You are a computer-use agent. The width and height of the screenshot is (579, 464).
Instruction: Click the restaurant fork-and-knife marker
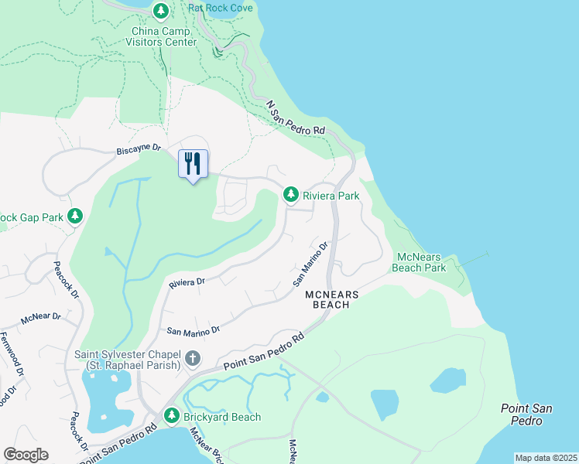tap(193, 164)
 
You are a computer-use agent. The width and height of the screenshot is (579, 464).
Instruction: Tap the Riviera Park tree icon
tap(291, 195)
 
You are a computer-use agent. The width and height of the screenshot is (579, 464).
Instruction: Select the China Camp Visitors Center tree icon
tap(161, 11)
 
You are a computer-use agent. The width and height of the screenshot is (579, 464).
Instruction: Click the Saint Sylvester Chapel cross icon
tap(193, 359)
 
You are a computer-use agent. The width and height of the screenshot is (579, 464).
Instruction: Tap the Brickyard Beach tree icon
tap(173, 417)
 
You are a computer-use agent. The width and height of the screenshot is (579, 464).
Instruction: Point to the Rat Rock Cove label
tap(221, 9)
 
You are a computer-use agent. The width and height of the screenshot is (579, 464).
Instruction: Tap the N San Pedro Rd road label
tap(295, 118)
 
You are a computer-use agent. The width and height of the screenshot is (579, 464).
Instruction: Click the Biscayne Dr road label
tap(138, 148)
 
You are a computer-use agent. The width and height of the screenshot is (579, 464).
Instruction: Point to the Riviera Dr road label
tap(187, 284)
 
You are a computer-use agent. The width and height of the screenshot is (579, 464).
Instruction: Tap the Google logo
tap(26, 454)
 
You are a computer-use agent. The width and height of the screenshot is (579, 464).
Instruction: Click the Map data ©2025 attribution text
tap(545, 458)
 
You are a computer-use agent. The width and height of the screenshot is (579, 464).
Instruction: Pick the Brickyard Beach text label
tap(222, 417)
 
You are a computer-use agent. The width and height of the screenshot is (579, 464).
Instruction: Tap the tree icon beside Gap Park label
tap(75, 216)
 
